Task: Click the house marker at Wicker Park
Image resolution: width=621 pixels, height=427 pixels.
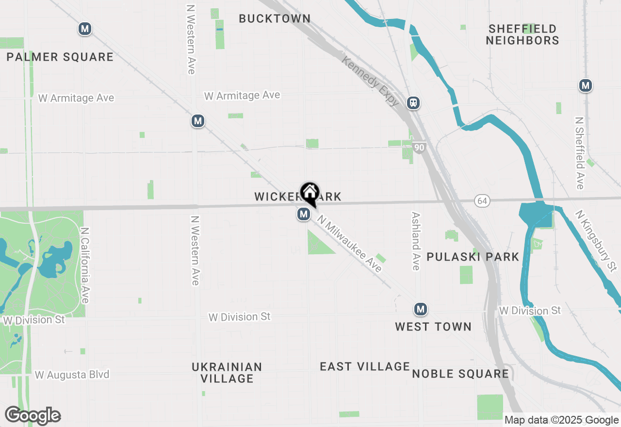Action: point(310,193)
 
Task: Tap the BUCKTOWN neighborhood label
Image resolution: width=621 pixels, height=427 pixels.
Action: point(275,19)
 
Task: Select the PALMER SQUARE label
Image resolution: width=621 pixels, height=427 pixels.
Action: point(60,57)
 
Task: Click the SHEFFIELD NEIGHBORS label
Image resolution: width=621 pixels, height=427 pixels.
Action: point(523,34)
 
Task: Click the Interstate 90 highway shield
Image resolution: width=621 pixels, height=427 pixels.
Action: point(420,147)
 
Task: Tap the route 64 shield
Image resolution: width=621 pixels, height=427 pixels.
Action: point(481,201)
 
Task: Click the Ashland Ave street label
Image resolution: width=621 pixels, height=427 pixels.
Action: point(416,241)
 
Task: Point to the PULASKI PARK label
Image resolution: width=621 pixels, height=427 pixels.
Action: point(473,257)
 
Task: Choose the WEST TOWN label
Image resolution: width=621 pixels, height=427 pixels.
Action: point(433,327)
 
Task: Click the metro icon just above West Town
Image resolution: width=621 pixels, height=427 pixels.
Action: point(420,309)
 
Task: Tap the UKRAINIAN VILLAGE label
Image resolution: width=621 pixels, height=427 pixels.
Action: point(227,373)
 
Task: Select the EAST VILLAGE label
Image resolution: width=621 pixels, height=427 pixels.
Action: point(365,366)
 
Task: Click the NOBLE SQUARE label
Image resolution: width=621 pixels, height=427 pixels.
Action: point(460,374)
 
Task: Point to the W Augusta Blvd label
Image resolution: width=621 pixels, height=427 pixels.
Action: point(72,375)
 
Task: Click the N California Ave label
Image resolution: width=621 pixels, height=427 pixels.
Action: point(85,265)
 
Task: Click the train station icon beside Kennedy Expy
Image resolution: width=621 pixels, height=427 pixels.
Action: point(413,103)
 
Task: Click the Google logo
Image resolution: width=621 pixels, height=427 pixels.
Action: point(33,416)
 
